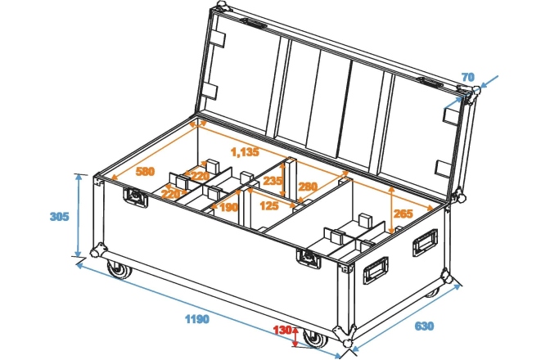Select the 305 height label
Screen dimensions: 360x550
[59, 217]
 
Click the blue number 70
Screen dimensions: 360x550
[468, 78]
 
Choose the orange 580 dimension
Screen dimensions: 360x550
[145, 172]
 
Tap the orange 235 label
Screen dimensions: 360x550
[273, 181]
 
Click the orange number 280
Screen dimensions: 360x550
[308, 187]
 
